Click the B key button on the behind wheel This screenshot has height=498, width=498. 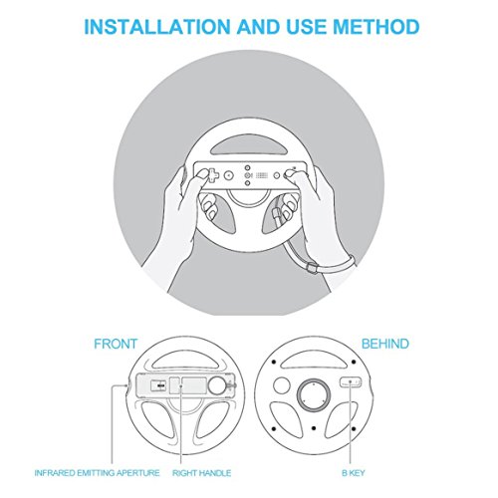[349, 382]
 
